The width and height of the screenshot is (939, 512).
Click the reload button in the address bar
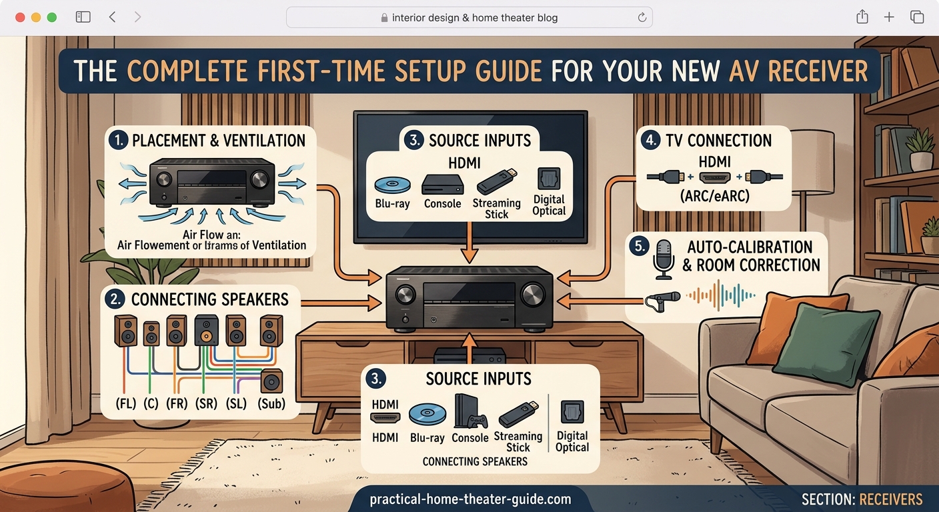tap(642, 18)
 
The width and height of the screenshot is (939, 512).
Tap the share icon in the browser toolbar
tap(862, 17)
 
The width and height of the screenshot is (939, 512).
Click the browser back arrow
tap(112, 17)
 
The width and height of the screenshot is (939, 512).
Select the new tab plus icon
tap(889, 17)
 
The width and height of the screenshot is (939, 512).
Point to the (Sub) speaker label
tap(271, 403)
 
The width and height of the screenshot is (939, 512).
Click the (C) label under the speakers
tap(151, 403)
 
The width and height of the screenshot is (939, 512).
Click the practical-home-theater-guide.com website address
tap(470, 499)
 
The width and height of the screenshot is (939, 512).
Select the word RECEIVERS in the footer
tap(891, 499)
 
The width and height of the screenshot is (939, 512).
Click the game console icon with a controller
tap(469, 411)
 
